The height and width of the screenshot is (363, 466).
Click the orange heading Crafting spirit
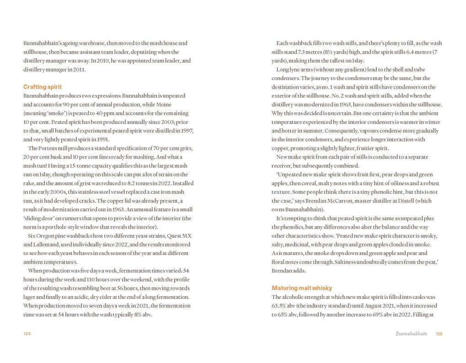point(42,87)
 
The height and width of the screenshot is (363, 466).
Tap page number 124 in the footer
point(27,334)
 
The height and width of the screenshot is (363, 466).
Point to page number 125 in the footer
point(439,334)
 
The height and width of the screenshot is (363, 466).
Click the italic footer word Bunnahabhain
point(411,334)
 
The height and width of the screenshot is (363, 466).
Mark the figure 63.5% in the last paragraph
point(279,306)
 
